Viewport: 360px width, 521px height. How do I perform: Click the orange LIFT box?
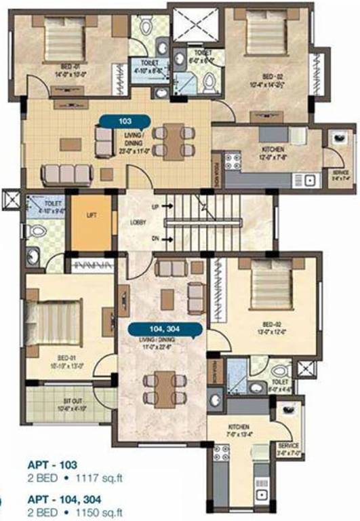coord(91,223)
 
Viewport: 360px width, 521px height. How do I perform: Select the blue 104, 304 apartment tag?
coord(165,330)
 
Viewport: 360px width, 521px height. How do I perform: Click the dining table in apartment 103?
coord(171,141)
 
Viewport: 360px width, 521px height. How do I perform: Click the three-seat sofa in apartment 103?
coord(66,174)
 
